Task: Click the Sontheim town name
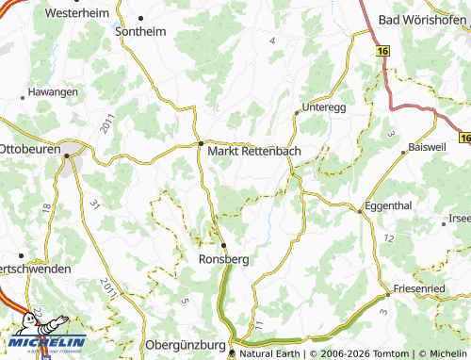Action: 140,31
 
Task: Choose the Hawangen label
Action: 53,92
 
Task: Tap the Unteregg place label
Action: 326,107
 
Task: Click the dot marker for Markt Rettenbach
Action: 200,143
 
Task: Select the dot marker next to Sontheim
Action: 140,18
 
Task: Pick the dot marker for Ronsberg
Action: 223,244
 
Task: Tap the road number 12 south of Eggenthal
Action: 387,240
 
